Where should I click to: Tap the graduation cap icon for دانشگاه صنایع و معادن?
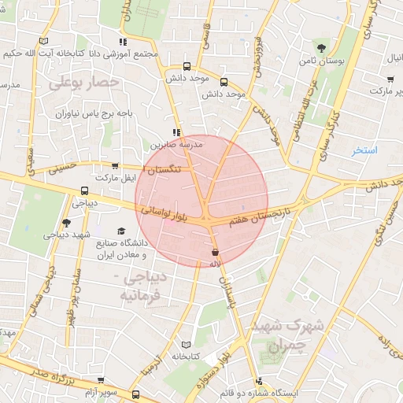click(x=121, y=231)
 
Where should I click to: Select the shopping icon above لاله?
click(x=214, y=252)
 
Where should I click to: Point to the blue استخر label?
click(x=365, y=149)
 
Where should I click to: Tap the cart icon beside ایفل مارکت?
click(x=116, y=167)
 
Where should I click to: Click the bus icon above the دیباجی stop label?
click(x=85, y=190)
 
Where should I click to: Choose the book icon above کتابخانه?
click(x=186, y=344)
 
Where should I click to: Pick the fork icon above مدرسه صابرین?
click(x=176, y=133)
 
